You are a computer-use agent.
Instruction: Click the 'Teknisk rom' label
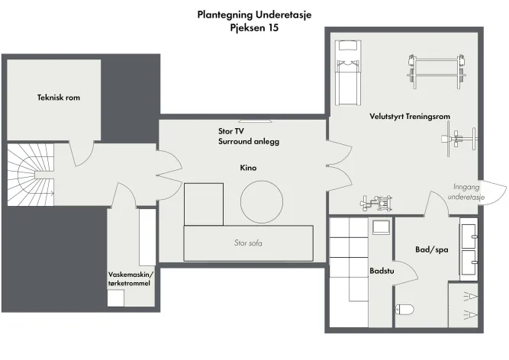pyautogui.click(x=59, y=98)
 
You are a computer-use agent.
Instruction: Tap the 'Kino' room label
pyautogui.click(x=248, y=168)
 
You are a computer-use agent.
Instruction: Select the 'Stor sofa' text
pyautogui.click(x=248, y=243)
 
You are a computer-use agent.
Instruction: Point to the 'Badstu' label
pyautogui.click(x=382, y=271)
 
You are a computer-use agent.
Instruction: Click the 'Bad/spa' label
pyautogui.click(x=432, y=249)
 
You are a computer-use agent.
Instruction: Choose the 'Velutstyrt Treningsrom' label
pyautogui.click(x=410, y=116)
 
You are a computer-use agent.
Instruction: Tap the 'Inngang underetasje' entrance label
pyautogui.click(x=466, y=191)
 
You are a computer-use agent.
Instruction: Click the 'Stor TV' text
pyautogui.click(x=231, y=131)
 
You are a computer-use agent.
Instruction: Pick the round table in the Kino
pyautogui.click(x=261, y=201)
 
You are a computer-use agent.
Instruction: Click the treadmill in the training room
pyautogui.click(x=348, y=72)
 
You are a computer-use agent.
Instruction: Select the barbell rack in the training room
pyautogui.click(x=437, y=72)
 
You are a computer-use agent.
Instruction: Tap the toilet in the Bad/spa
pyautogui.click(x=404, y=310)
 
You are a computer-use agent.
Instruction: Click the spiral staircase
pyautogui.click(x=31, y=175)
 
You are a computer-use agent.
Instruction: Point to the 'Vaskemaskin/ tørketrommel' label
pyautogui.click(x=130, y=279)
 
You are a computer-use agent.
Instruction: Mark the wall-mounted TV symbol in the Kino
pyautogui.click(x=255, y=121)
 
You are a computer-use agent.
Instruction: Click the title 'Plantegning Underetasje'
pyautogui.click(x=255, y=15)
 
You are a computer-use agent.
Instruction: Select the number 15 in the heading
pyautogui.click(x=273, y=27)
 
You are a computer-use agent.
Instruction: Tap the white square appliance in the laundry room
pyautogui.click(x=116, y=298)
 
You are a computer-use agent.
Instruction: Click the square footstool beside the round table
pyautogui.click(x=204, y=204)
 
